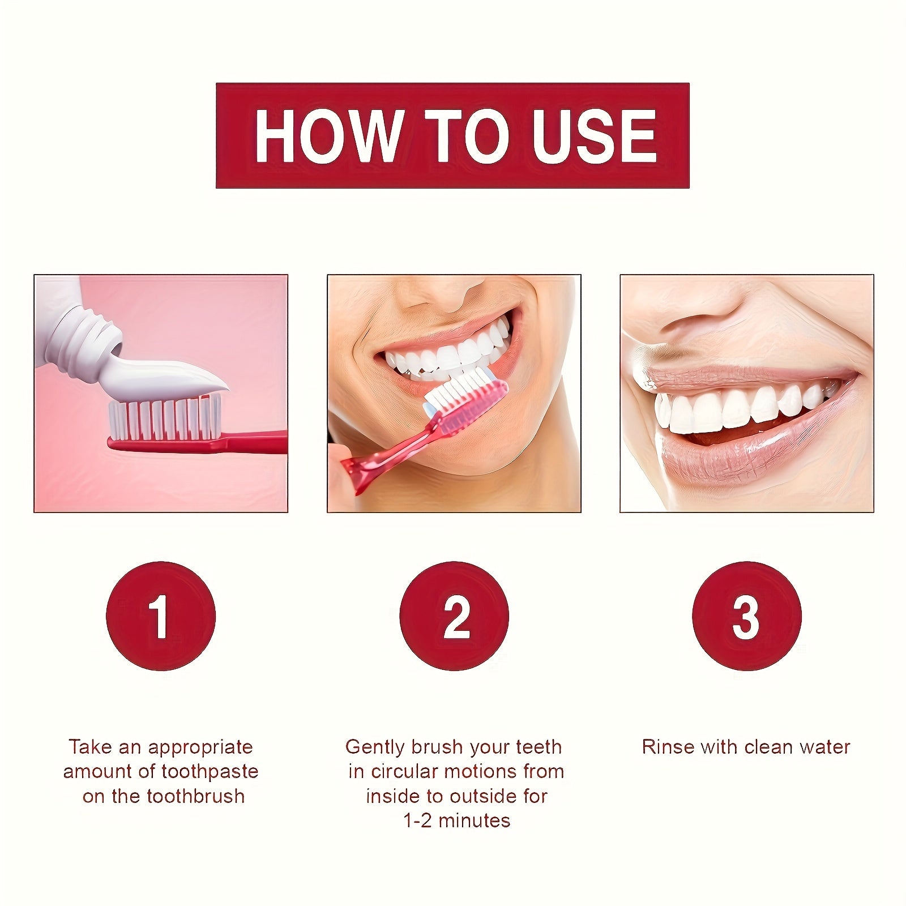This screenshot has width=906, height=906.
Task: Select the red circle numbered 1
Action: coord(161,616)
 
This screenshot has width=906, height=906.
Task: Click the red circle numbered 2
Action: coord(454,616)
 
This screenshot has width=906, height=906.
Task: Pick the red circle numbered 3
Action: coord(747,616)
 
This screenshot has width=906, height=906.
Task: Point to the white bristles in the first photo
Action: coord(164,419)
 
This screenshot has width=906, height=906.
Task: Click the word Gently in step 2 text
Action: coord(375,747)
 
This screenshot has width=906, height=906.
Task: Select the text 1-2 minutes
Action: coord(456,820)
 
